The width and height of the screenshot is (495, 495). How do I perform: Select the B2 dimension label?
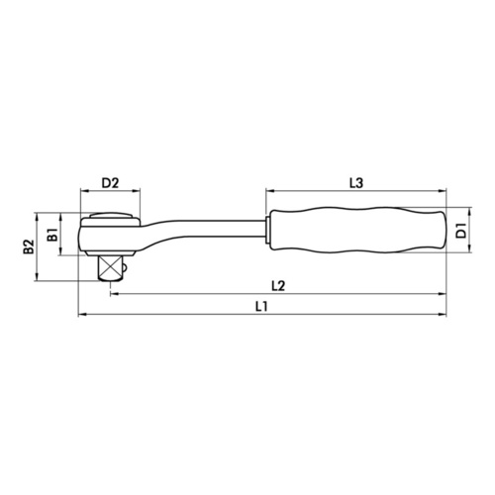pyautogui.click(x=30, y=247)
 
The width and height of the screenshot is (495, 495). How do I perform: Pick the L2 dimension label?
pyautogui.click(x=278, y=286)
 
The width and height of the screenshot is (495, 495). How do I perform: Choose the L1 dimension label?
pyautogui.click(x=260, y=308)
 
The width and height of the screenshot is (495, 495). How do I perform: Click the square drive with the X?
pyautogui.click(x=110, y=265)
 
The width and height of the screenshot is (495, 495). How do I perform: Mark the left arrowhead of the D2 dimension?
pyautogui.click(x=80, y=193)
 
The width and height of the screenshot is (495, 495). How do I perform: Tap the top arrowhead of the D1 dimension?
pyautogui.click(x=449, y=210)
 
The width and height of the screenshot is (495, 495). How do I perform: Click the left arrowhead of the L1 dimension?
pyautogui.click(x=80, y=317)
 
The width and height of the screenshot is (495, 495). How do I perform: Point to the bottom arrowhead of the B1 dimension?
pyautogui.click(x=59, y=253)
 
